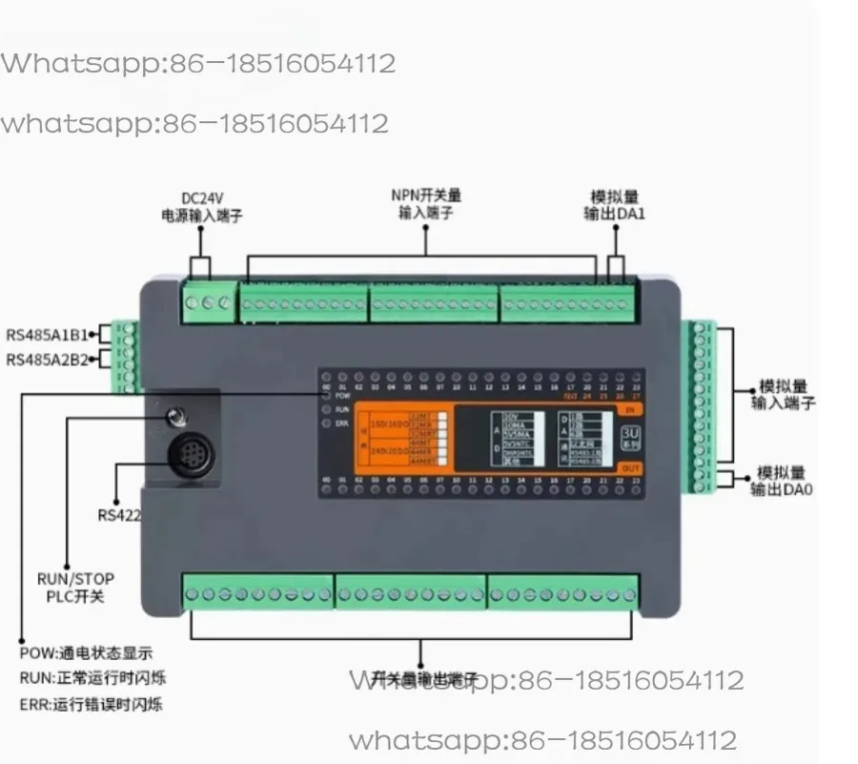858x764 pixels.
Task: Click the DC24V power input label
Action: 201,207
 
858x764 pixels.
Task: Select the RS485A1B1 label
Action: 47,335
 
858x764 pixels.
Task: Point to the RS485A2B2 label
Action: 47,360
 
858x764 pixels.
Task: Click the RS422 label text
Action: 117,515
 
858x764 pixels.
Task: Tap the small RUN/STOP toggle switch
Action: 174,416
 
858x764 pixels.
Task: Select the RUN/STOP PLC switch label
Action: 75,588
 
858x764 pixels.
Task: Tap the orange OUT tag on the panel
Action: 630,467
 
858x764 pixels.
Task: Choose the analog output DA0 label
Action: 781,481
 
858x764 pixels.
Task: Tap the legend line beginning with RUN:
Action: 98,679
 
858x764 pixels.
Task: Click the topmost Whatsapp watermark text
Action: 197,64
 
